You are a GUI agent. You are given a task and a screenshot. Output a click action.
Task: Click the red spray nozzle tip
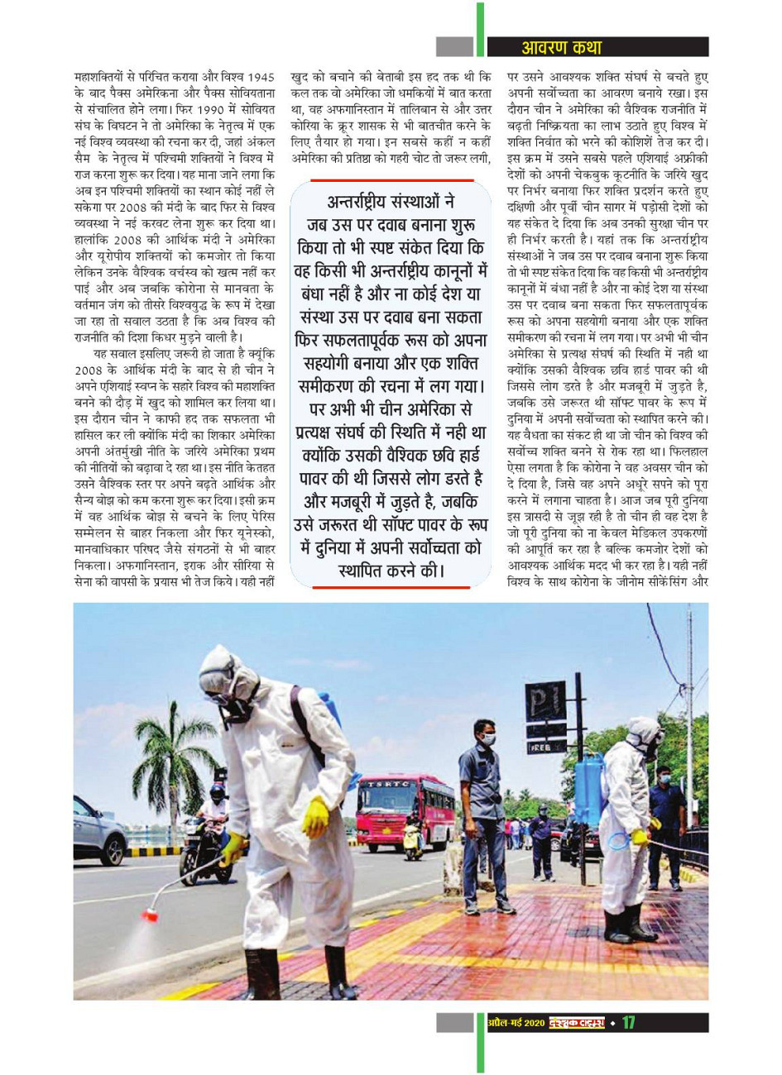coord(150,914)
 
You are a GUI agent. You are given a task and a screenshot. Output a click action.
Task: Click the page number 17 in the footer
coord(629,1023)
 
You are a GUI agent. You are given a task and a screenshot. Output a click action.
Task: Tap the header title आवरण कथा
coord(560,47)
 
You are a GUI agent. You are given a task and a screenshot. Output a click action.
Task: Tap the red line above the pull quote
coord(388,180)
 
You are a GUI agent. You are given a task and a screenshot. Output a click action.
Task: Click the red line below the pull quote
coord(388,588)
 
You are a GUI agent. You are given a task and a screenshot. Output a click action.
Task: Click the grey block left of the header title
coord(454,47)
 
